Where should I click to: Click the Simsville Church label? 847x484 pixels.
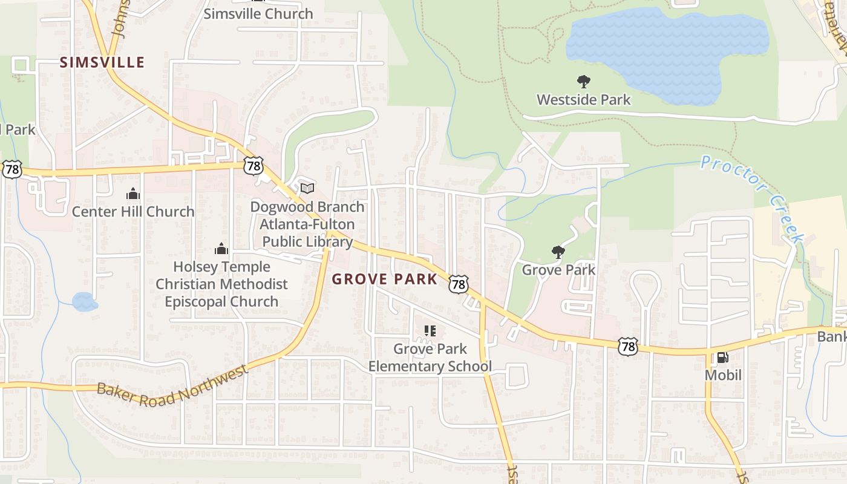258,13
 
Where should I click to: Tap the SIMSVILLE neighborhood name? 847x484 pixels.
102,62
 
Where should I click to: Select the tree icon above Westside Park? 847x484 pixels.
583,82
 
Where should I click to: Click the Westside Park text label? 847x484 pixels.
584,99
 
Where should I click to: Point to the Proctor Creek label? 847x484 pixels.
754,197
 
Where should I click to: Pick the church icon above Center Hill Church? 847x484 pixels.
133,194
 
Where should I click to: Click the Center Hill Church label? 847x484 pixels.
133,211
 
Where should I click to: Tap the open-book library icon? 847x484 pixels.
307,189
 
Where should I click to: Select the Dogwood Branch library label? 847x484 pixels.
307,224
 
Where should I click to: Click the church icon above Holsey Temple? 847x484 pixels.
221,249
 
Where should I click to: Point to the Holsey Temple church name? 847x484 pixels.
221,284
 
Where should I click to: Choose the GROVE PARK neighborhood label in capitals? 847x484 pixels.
385,279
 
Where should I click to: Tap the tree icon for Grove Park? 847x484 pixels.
558,252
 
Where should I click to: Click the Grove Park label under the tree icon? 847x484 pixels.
558,269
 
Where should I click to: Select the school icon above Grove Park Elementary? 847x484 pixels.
430,331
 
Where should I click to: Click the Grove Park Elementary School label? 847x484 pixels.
430,358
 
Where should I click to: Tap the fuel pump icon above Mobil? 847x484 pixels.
722,358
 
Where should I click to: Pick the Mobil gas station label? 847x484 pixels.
723,375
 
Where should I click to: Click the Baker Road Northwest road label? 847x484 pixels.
172,386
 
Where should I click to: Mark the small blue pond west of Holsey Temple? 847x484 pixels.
85,301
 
